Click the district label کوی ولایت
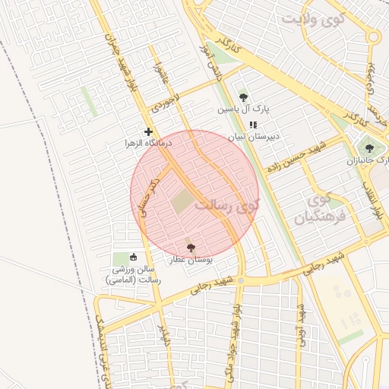pos(313,17)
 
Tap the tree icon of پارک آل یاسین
pos(243,97)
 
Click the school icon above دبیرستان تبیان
pos(253,125)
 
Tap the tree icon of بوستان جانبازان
pos(369,148)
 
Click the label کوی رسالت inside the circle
pos(227,205)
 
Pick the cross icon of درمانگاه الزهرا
pos(148,131)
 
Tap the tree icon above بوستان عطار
pos(190,248)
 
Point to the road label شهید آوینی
pos(301,322)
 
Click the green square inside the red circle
pos(182,202)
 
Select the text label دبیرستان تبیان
pos(257,138)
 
